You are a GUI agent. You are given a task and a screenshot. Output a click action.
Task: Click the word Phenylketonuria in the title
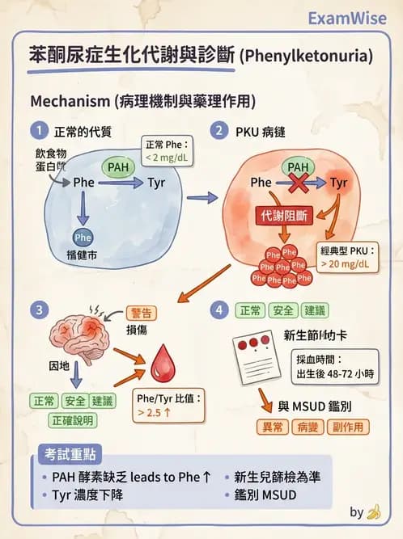311,56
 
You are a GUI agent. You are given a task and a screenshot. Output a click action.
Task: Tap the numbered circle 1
37,131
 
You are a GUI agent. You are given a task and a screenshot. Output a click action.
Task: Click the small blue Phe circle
83,238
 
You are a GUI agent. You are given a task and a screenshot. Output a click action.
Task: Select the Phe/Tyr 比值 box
168,405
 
